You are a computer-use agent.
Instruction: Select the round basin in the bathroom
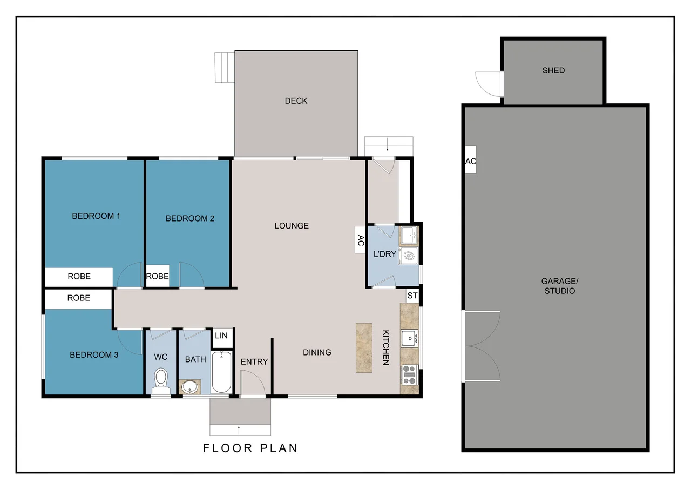[189, 387]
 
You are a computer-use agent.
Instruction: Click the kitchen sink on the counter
[409, 338]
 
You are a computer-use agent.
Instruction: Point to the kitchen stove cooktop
[409, 374]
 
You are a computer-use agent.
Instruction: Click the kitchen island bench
[364, 347]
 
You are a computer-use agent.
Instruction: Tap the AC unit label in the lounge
[360, 239]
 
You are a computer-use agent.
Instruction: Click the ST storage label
[412, 296]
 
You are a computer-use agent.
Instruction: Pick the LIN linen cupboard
[221, 336]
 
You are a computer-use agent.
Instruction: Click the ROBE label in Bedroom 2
[158, 276]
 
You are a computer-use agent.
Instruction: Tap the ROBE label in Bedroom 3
[79, 298]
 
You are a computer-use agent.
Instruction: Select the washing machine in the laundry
[410, 256]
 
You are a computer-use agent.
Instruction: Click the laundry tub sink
[408, 236]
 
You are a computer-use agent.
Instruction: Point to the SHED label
[553, 70]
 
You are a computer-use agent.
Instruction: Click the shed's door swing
[487, 83]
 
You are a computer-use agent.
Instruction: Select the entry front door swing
[252, 384]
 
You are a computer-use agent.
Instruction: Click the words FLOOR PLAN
[250, 448]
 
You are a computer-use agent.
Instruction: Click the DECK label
[296, 101]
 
